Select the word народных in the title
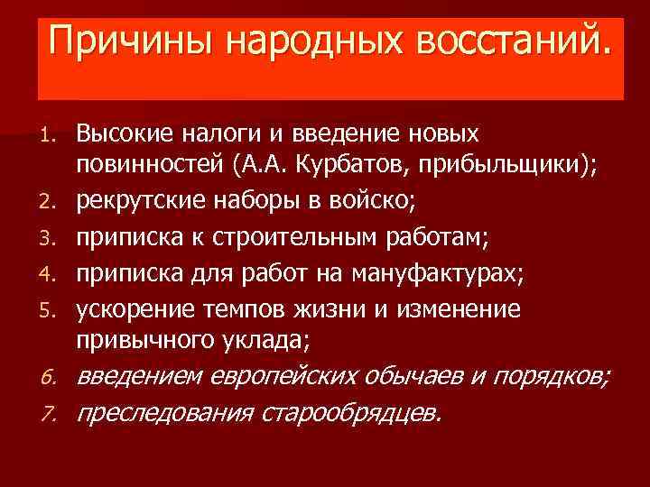point(300,41)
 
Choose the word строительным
point(276,236)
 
